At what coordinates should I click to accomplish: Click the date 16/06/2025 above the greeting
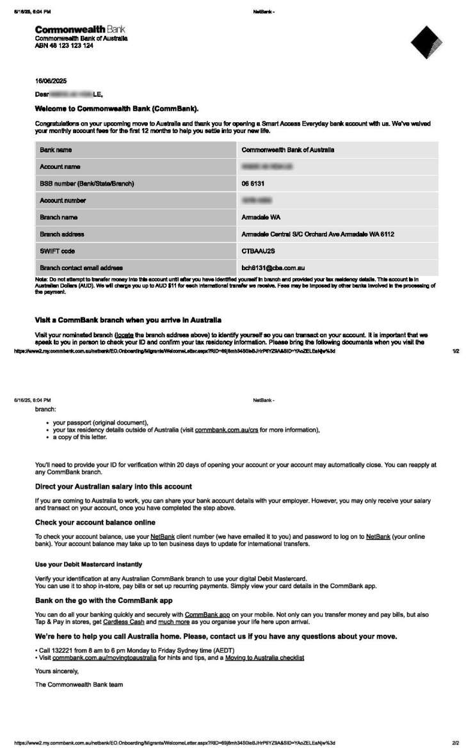pyautogui.click(x=51, y=81)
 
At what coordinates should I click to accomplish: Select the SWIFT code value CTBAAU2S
pyautogui.click(x=258, y=251)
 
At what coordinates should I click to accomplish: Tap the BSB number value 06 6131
pyautogui.click(x=253, y=184)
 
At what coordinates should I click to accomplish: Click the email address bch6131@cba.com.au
pyautogui.click(x=272, y=268)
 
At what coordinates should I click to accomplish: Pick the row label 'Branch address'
pyautogui.click(x=62, y=234)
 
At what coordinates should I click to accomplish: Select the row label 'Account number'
pyautogui.click(x=63, y=200)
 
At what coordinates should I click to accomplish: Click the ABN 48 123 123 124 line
pyautogui.click(x=64, y=45)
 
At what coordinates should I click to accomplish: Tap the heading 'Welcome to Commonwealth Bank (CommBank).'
pyautogui.click(x=116, y=108)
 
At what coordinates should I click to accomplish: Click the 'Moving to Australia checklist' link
pyautogui.click(x=264, y=657)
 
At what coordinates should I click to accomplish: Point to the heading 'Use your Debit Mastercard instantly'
pyautogui.click(x=88, y=565)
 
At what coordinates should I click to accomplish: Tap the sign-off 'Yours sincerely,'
pyautogui.click(x=57, y=671)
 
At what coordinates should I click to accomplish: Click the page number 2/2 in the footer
pyautogui.click(x=455, y=743)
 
